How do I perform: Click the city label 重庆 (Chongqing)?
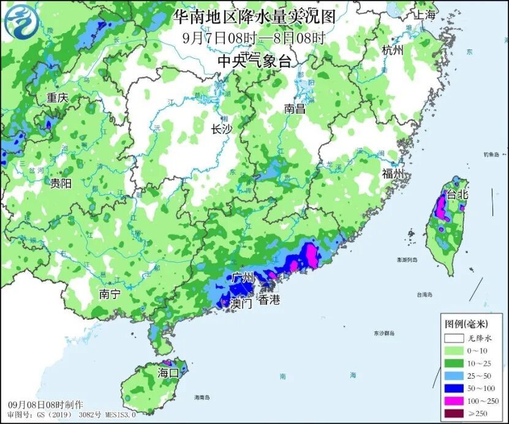pos(56,97)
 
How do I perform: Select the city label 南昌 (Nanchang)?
pos(295,109)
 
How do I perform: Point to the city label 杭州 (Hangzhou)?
pos(393,50)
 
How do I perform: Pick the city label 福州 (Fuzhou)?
pos(393,174)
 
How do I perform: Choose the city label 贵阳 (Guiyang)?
pos(61,183)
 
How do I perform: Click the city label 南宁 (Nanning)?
pos(110,295)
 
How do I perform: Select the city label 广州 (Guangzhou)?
pos(243,278)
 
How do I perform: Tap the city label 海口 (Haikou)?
pos(168,373)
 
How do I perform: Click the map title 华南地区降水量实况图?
pos(254,17)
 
